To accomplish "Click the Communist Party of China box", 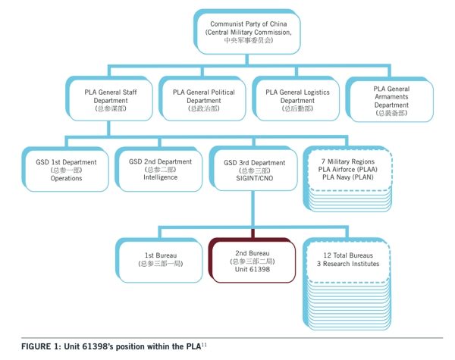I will tap(243, 33).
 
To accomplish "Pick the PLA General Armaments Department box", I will tap(391, 99).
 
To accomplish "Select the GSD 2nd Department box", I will tap(158, 169).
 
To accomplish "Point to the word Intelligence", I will tap(158, 178).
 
